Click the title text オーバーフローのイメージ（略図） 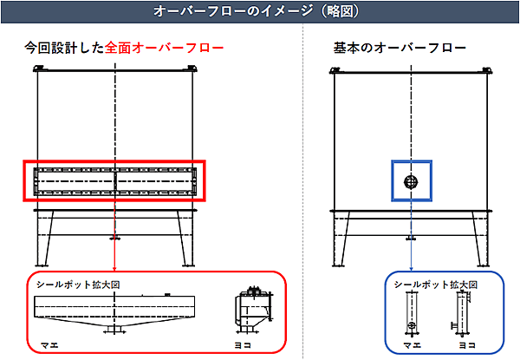pyautogui.click(x=260, y=11)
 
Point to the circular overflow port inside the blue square pyautogui.click(x=412, y=181)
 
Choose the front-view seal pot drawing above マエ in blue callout pyautogui.click(x=410, y=312)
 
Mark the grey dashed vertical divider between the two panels pyautogui.click(x=305, y=191)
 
